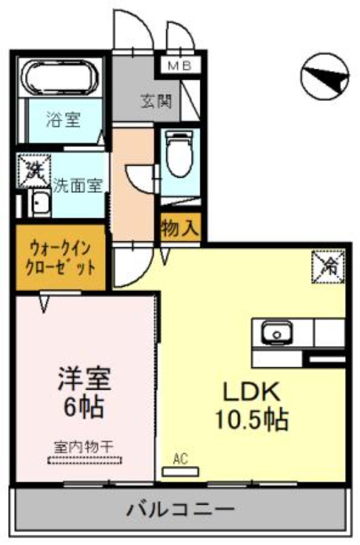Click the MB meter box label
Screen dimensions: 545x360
click(x=180, y=66)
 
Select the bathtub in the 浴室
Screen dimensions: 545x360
click(x=61, y=76)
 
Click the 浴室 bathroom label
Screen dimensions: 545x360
click(x=63, y=121)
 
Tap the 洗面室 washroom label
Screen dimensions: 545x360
click(x=77, y=185)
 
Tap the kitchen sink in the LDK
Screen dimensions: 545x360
click(x=277, y=334)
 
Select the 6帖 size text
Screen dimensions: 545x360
click(x=84, y=407)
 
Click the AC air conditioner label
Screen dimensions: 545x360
click(x=180, y=460)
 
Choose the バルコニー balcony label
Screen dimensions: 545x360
click(x=181, y=509)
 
